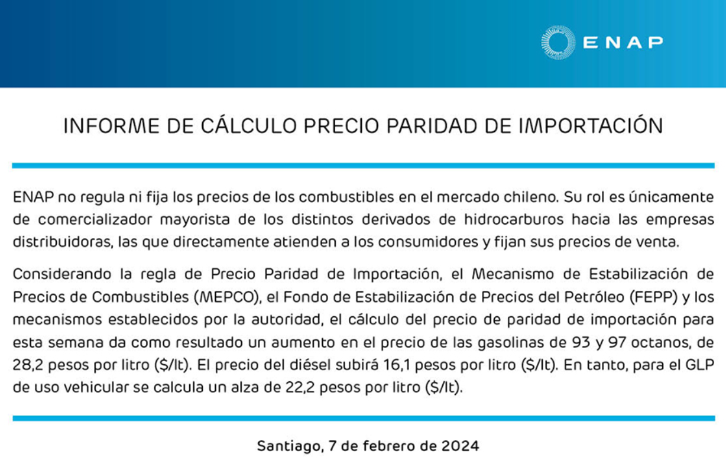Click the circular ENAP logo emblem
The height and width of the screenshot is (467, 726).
558,43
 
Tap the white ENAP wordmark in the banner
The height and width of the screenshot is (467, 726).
623,43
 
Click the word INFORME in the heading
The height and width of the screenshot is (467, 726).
112,126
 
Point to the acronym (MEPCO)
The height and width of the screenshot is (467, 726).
228,297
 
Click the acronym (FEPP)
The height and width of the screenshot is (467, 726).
654,297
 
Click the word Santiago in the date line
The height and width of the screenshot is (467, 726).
290,446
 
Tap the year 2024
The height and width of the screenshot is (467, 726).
460,446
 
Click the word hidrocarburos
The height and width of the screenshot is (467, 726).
514,219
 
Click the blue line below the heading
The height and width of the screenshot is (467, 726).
364,166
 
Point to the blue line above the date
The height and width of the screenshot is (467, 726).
364,418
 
